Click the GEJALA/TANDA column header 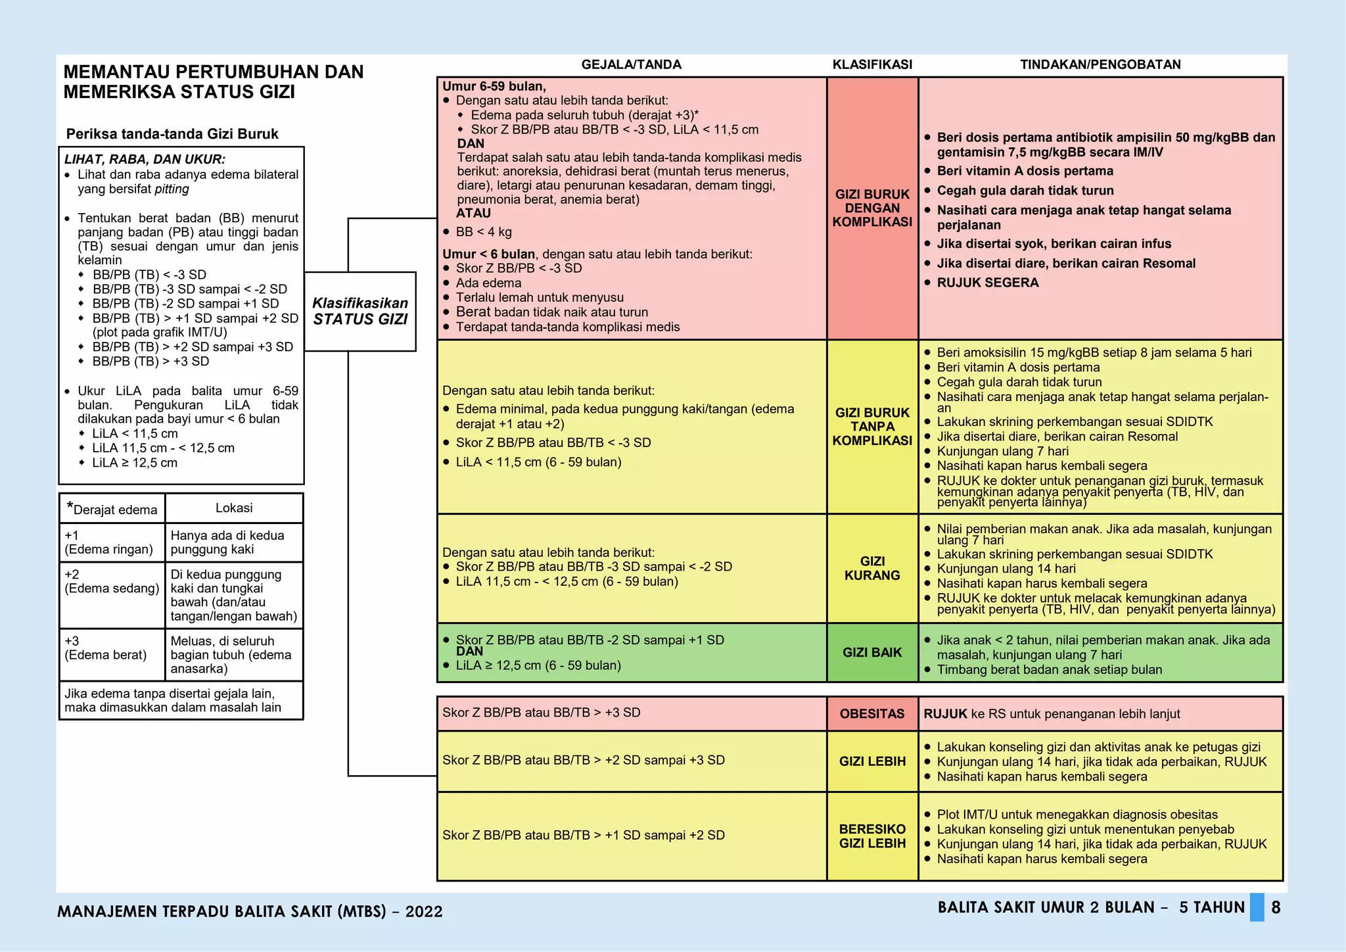[x=631, y=64]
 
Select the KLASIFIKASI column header [x=872, y=64]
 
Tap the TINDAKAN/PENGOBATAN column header [x=1100, y=64]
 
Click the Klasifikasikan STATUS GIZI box [x=360, y=312]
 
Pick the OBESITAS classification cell [x=872, y=714]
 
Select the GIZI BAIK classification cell [x=872, y=653]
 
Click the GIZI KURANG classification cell [x=872, y=568]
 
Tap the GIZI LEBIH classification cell [x=872, y=761]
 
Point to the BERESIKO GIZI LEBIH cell [x=872, y=836]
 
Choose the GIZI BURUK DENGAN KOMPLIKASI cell [x=872, y=208]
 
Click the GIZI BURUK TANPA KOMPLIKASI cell [x=872, y=427]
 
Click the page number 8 [x=1276, y=908]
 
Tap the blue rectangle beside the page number [x=1257, y=907]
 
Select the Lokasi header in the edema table [x=234, y=508]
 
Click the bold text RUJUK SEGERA [x=988, y=283]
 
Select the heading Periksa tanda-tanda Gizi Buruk [x=172, y=134]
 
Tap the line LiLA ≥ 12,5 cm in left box [x=135, y=463]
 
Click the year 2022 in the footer [x=424, y=912]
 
